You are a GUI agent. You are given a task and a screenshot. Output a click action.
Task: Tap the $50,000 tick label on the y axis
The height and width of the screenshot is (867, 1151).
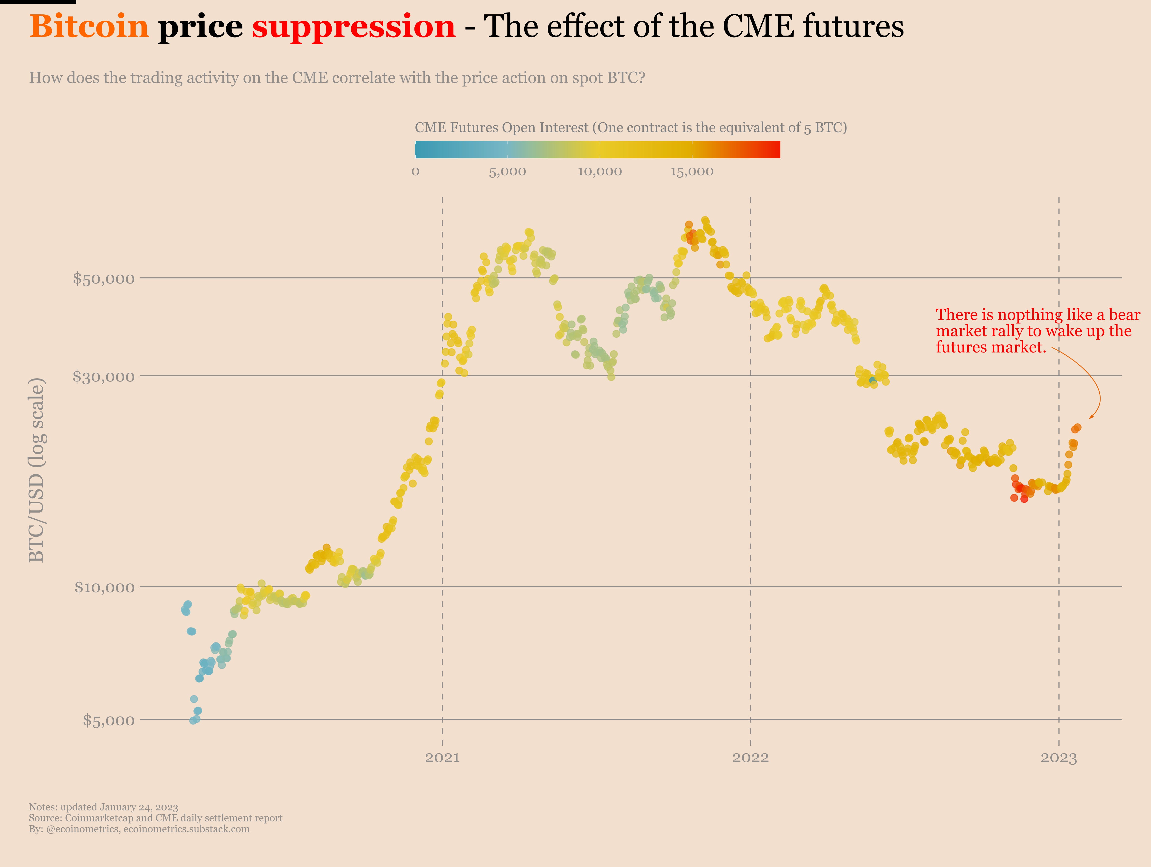(x=104, y=278)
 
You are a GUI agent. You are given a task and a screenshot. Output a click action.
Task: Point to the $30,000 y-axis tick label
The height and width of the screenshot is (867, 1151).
(x=104, y=376)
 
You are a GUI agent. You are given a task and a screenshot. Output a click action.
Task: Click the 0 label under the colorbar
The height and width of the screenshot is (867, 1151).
(x=415, y=172)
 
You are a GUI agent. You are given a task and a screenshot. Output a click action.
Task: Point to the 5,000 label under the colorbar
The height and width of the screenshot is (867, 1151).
(x=507, y=172)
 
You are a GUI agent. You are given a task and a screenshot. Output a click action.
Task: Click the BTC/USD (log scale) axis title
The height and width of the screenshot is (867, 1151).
(x=36, y=470)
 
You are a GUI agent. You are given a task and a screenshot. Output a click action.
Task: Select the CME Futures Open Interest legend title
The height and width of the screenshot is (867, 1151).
(x=631, y=127)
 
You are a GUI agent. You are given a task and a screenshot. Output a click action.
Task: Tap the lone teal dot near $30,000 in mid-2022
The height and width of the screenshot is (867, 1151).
(x=873, y=381)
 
